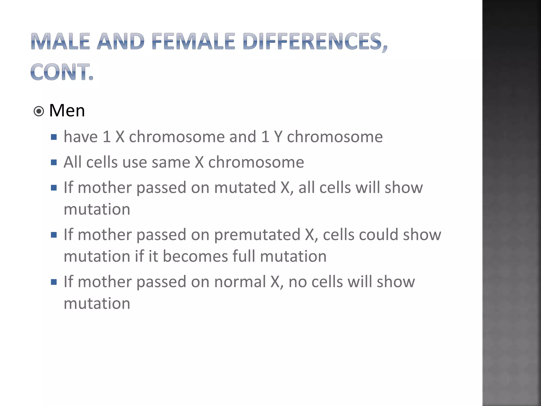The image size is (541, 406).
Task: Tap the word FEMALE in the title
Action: pos(194,41)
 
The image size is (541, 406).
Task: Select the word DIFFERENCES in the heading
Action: pos(314,41)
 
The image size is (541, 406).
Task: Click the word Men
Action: pos(67,110)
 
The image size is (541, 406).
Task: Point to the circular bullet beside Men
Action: pos(39,111)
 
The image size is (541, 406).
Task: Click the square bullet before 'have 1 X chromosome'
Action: pos(54,137)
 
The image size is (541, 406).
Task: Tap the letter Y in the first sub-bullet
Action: pos(278,137)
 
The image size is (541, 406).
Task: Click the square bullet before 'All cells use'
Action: pos(54,162)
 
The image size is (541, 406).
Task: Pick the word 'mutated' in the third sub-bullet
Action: pos(245,188)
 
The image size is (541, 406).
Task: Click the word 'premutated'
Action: pos(257,235)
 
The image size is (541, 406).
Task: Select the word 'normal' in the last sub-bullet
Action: pos(240,282)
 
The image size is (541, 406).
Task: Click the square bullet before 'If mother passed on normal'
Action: pos(54,282)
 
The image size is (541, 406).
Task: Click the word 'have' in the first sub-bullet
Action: pos(81,137)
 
